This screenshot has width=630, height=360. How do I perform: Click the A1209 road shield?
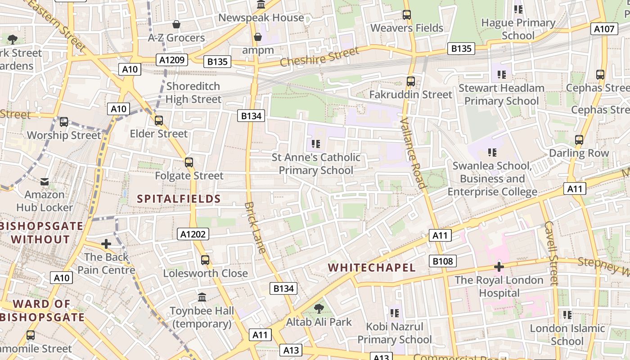[x=172, y=59]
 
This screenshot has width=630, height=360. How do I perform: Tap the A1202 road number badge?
[x=193, y=234]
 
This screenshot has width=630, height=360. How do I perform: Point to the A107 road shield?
[x=604, y=29]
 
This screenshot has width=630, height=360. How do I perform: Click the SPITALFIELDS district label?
[x=179, y=199]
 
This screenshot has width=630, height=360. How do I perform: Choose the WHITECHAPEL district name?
[x=372, y=268]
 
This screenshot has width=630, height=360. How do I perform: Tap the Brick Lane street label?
[x=255, y=227]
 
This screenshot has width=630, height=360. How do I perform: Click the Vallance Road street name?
[x=413, y=153]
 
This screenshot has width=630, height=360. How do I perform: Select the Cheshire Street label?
[x=319, y=57]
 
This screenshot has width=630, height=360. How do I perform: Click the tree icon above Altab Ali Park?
[x=319, y=309]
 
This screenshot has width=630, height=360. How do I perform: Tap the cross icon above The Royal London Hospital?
[x=499, y=267]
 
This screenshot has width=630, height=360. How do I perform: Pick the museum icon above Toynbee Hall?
[x=202, y=297]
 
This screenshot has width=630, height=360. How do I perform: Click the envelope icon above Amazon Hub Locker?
[x=45, y=181]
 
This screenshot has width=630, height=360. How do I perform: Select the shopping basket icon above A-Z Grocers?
[x=176, y=24]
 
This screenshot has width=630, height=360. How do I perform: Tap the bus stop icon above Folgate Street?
[x=189, y=162]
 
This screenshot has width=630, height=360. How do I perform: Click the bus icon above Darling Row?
[x=579, y=140]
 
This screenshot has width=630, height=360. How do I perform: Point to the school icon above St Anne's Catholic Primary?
[x=316, y=144]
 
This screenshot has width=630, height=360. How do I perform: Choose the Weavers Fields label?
[x=407, y=28]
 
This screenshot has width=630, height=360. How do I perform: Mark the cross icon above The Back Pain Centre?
[x=106, y=244]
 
